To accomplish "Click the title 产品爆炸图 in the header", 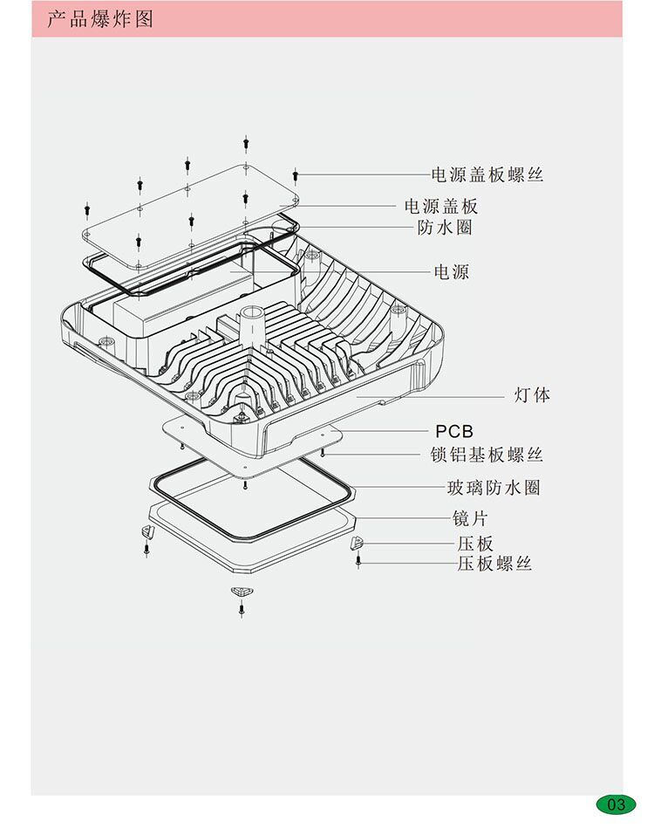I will pos(99,18).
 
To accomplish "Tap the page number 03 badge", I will pos(616,804).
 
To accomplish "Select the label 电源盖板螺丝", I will pos(487,174).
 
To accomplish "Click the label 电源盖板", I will pos(441,207).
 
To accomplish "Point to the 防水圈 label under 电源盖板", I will pos(445,228).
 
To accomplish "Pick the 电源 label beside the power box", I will pos(452,272).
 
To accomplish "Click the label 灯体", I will pos(532,395).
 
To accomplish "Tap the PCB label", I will pos(454,431).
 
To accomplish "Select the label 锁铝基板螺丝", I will pos(487,455).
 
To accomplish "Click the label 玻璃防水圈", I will pos(494,487).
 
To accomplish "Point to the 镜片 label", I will pos(468,518).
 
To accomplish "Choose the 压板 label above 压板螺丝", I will pos(474,544).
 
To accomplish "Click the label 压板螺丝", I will pos(494,564).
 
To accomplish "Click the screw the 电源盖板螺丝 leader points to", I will pos(296,175).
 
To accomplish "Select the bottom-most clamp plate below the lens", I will pos(241,592).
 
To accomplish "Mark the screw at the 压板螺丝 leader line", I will pos(358,561).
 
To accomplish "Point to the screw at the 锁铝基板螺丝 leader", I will pos(324,453).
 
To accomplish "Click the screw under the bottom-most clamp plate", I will pos(241,607).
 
